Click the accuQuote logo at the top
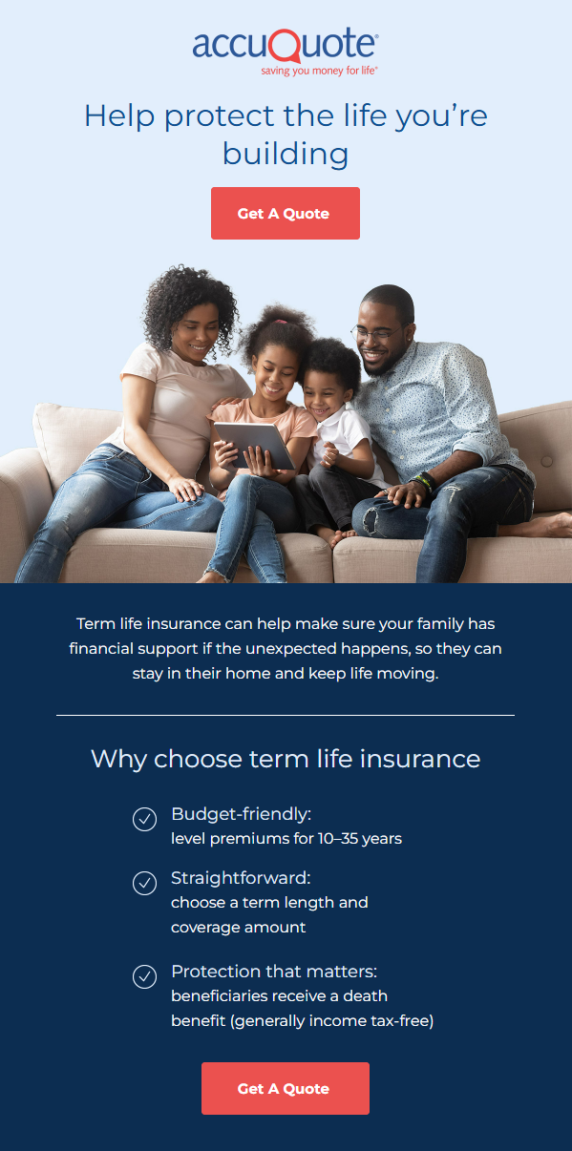[286, 52]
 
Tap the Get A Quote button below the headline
[286, 213]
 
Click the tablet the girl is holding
[254, 445]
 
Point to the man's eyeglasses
[378, 334]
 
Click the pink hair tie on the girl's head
[280, 322]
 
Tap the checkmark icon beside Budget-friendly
[144, 819]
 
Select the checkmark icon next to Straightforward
[144, 883]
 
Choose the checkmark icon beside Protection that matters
[144, 976]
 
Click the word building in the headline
[286, 155]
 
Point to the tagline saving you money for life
[319, 71]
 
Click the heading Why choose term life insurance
[286, 759]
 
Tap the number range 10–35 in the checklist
[338, 839]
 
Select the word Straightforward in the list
[240, 878]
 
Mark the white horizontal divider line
[286, 715]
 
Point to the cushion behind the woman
[72, 442]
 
